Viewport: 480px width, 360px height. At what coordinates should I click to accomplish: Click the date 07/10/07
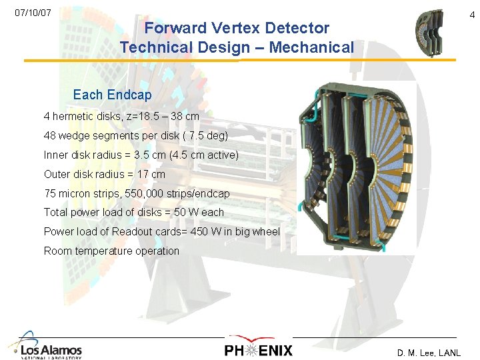[x=33, y=13]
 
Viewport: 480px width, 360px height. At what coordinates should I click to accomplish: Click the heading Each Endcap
[x=112, y=95]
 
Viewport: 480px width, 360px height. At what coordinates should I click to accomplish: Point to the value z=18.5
[x=152, y=116]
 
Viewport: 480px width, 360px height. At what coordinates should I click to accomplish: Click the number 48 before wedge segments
[x=50, y=135]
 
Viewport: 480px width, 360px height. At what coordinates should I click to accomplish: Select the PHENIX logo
[x=258, y=348]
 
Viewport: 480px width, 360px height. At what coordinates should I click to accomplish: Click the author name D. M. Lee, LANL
[x=428, y=353]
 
